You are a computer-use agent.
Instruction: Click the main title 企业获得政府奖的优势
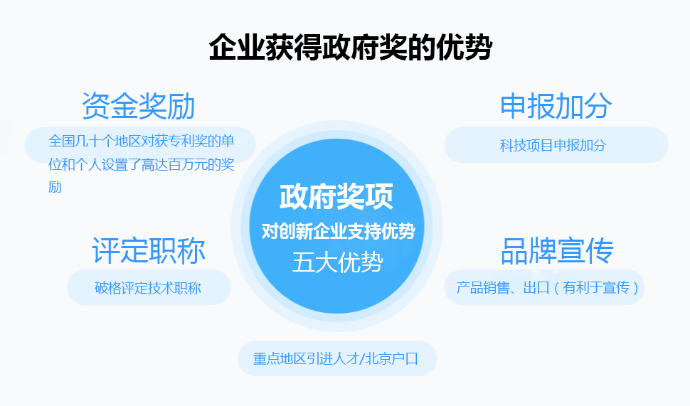350,47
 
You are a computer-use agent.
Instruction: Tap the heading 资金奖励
139,106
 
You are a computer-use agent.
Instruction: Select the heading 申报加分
556,106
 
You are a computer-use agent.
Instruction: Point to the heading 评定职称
148,251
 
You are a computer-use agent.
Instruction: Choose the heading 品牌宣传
557,251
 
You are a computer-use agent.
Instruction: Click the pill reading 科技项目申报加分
556,145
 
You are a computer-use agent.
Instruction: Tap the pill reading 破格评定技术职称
149,287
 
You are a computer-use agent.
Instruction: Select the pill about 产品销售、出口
544,287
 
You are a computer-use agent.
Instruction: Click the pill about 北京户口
337,358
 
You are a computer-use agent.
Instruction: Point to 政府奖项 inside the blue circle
336,197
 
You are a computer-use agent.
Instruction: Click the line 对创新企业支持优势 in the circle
338,231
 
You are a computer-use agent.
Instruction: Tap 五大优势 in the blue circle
337,262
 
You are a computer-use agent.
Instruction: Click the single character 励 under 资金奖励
55,187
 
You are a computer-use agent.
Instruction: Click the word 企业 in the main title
237,47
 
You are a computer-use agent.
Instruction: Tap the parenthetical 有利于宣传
596,287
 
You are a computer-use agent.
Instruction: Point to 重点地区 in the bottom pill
280,359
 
